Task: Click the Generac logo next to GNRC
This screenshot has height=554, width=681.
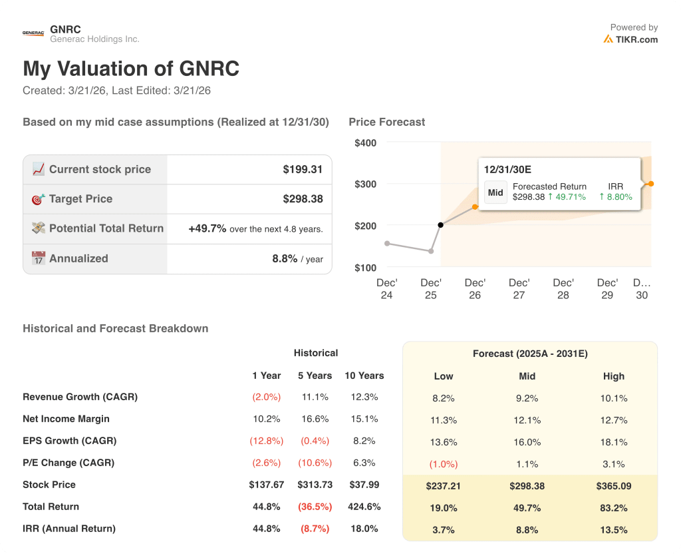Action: point(33,33)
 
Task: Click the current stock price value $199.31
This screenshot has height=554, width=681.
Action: point(303,170)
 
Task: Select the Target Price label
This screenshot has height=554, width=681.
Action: point(80,199)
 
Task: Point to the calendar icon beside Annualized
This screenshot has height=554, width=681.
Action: point(39,258)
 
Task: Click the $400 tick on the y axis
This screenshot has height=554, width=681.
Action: point(365,143)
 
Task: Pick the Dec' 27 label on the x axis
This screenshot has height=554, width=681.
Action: point(519,289)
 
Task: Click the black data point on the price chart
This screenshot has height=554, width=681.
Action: point(440,225)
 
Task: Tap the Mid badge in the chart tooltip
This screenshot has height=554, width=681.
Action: point(495,192)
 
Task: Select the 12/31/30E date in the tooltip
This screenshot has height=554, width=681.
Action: point(508,170)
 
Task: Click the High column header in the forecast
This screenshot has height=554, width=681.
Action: point(613,376)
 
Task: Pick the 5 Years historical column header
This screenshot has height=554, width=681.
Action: point(315,376)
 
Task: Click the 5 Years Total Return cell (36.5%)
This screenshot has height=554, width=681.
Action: point(315,507)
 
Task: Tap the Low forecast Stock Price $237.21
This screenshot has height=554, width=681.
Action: point(443,486)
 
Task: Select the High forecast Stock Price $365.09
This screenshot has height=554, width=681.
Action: point(613,486)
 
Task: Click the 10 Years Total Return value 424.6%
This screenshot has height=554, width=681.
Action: point(364,507)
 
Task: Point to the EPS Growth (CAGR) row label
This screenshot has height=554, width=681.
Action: point(69,441)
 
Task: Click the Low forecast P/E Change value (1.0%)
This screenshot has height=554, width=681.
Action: point(443,464)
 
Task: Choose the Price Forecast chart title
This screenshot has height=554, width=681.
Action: point(386,123)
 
